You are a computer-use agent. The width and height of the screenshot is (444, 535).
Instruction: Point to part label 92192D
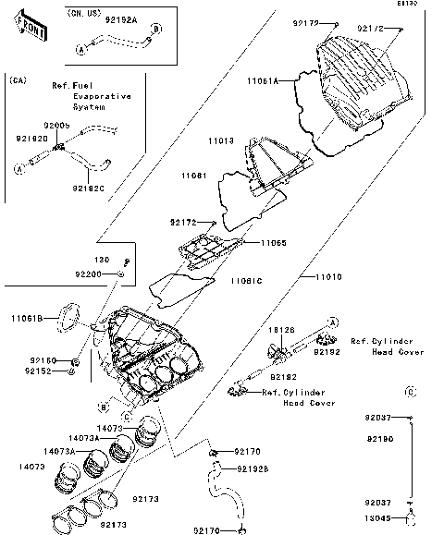point(33,138)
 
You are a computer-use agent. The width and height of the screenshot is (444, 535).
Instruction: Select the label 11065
point(272,242)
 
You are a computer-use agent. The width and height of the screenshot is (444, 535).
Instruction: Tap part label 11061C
point(246,279)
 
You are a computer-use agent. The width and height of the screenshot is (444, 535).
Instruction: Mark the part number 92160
point(43,359)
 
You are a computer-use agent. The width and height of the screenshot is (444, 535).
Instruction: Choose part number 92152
point(43,371)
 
